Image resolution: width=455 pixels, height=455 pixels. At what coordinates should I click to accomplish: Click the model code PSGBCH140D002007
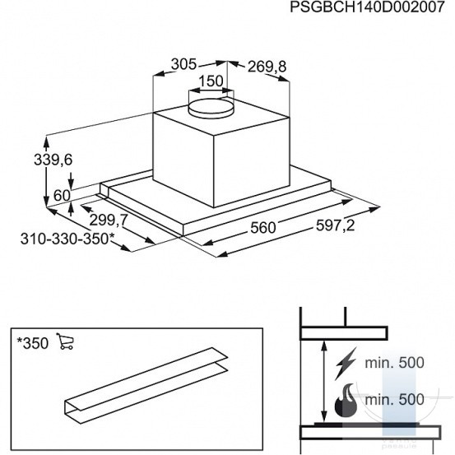tap(367, 7)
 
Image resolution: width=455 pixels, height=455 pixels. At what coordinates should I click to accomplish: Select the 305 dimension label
tap(183, 64)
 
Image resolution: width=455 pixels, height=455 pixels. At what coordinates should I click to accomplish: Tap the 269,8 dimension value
tap(267, 67)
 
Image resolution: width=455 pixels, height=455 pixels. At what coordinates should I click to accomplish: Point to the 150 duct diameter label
tap(211, 81)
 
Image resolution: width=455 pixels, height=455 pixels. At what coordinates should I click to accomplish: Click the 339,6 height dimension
tap(53, 160)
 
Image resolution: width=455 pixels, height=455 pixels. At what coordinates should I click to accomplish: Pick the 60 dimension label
tap(62, 196)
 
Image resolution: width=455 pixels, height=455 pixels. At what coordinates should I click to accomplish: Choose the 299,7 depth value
tap(109, 221)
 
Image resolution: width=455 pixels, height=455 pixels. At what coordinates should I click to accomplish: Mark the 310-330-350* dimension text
tap(67, 239)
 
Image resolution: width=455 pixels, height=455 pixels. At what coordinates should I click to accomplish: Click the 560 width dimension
tap(263, 228)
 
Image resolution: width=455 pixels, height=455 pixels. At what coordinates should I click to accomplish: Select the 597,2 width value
tap(335, 225)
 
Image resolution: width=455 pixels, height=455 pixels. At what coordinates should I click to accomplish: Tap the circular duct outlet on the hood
tap(211, 109)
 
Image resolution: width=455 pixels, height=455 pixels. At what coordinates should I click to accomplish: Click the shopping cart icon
tap(65, 341)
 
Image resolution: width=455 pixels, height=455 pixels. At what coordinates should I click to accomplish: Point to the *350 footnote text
tap(33, 344)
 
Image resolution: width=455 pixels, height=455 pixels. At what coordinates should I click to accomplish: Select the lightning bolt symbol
tap(346, 364)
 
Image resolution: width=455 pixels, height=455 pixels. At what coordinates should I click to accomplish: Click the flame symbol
tap(346, 401)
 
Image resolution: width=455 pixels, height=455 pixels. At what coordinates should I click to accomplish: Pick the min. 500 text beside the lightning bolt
tap(394, 363)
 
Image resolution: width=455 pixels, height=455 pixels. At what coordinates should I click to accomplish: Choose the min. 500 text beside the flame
tap(394, 400)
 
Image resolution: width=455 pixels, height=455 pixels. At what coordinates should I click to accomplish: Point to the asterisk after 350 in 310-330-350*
tap(112, 235)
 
